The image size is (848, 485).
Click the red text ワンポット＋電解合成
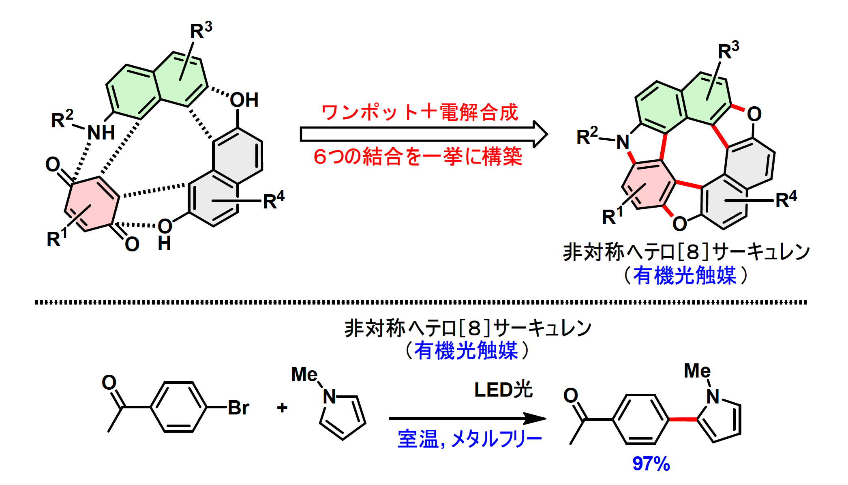pos(420,112)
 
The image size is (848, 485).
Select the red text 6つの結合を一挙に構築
pos(418,157)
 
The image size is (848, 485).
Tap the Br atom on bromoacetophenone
pos(238,408)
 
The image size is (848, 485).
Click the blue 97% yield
pos(651,464)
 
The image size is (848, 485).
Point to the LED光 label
pos(503,390)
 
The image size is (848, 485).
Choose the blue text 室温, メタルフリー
pos(469,439)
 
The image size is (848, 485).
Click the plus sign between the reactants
pos(282,407)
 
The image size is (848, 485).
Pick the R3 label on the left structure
pos(201,30)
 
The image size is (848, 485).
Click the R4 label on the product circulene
pos(786,199)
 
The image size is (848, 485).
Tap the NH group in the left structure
pos(101,133)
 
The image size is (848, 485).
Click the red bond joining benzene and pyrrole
pos(683,419)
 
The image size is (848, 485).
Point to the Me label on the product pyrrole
pos(697,371)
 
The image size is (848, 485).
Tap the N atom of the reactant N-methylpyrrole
pos(330,397)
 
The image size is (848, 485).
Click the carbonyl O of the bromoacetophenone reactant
pos(109,382)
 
